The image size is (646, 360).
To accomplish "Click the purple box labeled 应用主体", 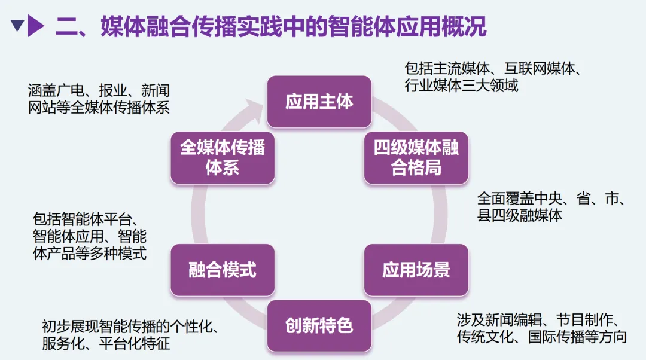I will tap(319, 102).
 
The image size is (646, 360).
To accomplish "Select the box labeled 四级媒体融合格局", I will tap(416, 158).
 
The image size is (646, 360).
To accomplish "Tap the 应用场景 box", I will tap(416, 270).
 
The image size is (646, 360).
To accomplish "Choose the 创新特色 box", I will tap(319, 325).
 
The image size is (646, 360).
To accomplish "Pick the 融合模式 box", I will tap(222, 270).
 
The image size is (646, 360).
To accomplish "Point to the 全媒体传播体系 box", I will tap(222, 158).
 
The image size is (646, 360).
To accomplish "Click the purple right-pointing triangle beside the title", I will tap(36, 26).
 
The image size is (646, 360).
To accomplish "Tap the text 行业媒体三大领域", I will tap(461, 86).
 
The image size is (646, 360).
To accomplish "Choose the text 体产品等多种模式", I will tap(90, 253).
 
